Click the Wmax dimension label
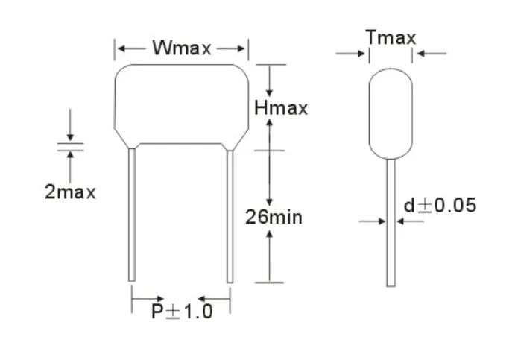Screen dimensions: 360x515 coord(182,48)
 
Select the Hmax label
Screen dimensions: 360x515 coord(280,108)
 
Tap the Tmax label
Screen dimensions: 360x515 coord(391,37)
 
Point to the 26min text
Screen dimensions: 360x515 coord(274,218)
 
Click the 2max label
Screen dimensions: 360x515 coord(70,192)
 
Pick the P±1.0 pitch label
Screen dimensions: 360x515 coord(182,311)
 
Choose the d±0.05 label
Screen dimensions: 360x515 coord(439,205)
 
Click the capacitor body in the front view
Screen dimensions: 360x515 coord(181,104)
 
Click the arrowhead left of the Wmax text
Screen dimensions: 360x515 coord(121,48)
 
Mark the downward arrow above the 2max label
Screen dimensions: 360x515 coord(70,134)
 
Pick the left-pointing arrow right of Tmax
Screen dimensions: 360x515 coord(421,54)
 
